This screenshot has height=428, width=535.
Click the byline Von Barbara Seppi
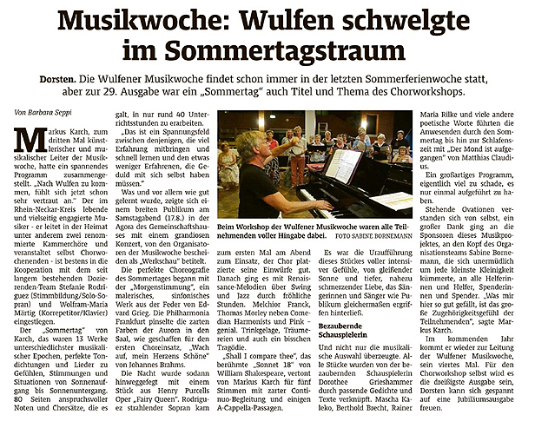pos(45,113)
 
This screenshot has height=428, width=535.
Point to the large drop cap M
pos(32,139)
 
